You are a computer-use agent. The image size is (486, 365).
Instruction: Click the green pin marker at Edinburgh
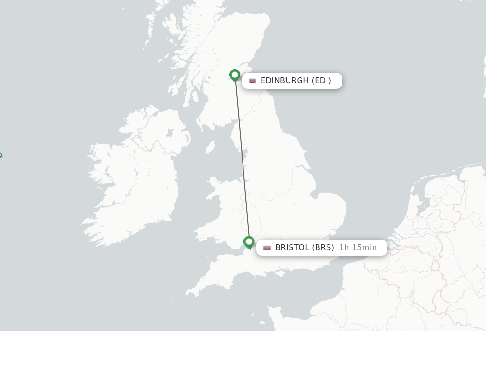pyautogui.click(x=234, y=75)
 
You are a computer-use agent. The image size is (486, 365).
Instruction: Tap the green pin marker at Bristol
pyautogui.click(x=249, y=242)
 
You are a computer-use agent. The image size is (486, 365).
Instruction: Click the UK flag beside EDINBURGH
pyautogui.click(x=252, y=81)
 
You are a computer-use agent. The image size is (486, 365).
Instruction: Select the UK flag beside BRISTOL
pyautogui.click(x=267, y=248)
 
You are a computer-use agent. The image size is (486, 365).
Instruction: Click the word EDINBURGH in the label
pyautogui.click(x=284, y=81)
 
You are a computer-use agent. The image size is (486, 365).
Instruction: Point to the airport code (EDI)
pyautogui.click(x=321, y=81)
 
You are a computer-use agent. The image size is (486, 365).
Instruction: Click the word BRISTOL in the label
pyautogui.click(x=292, y=248)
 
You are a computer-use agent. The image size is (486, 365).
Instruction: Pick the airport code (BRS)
pyautogui.click(x=323, y=248)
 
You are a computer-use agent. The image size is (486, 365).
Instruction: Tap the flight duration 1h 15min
pyautogui.click(x=358, y=248)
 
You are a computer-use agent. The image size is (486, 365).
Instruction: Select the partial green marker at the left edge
pyautogui.click(x=0, y=155)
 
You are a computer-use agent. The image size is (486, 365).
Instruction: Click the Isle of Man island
pyautogui.click(x=210, y=147)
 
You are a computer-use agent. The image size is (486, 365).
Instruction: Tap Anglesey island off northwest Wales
pyautogui.click(x=214, y=182)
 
